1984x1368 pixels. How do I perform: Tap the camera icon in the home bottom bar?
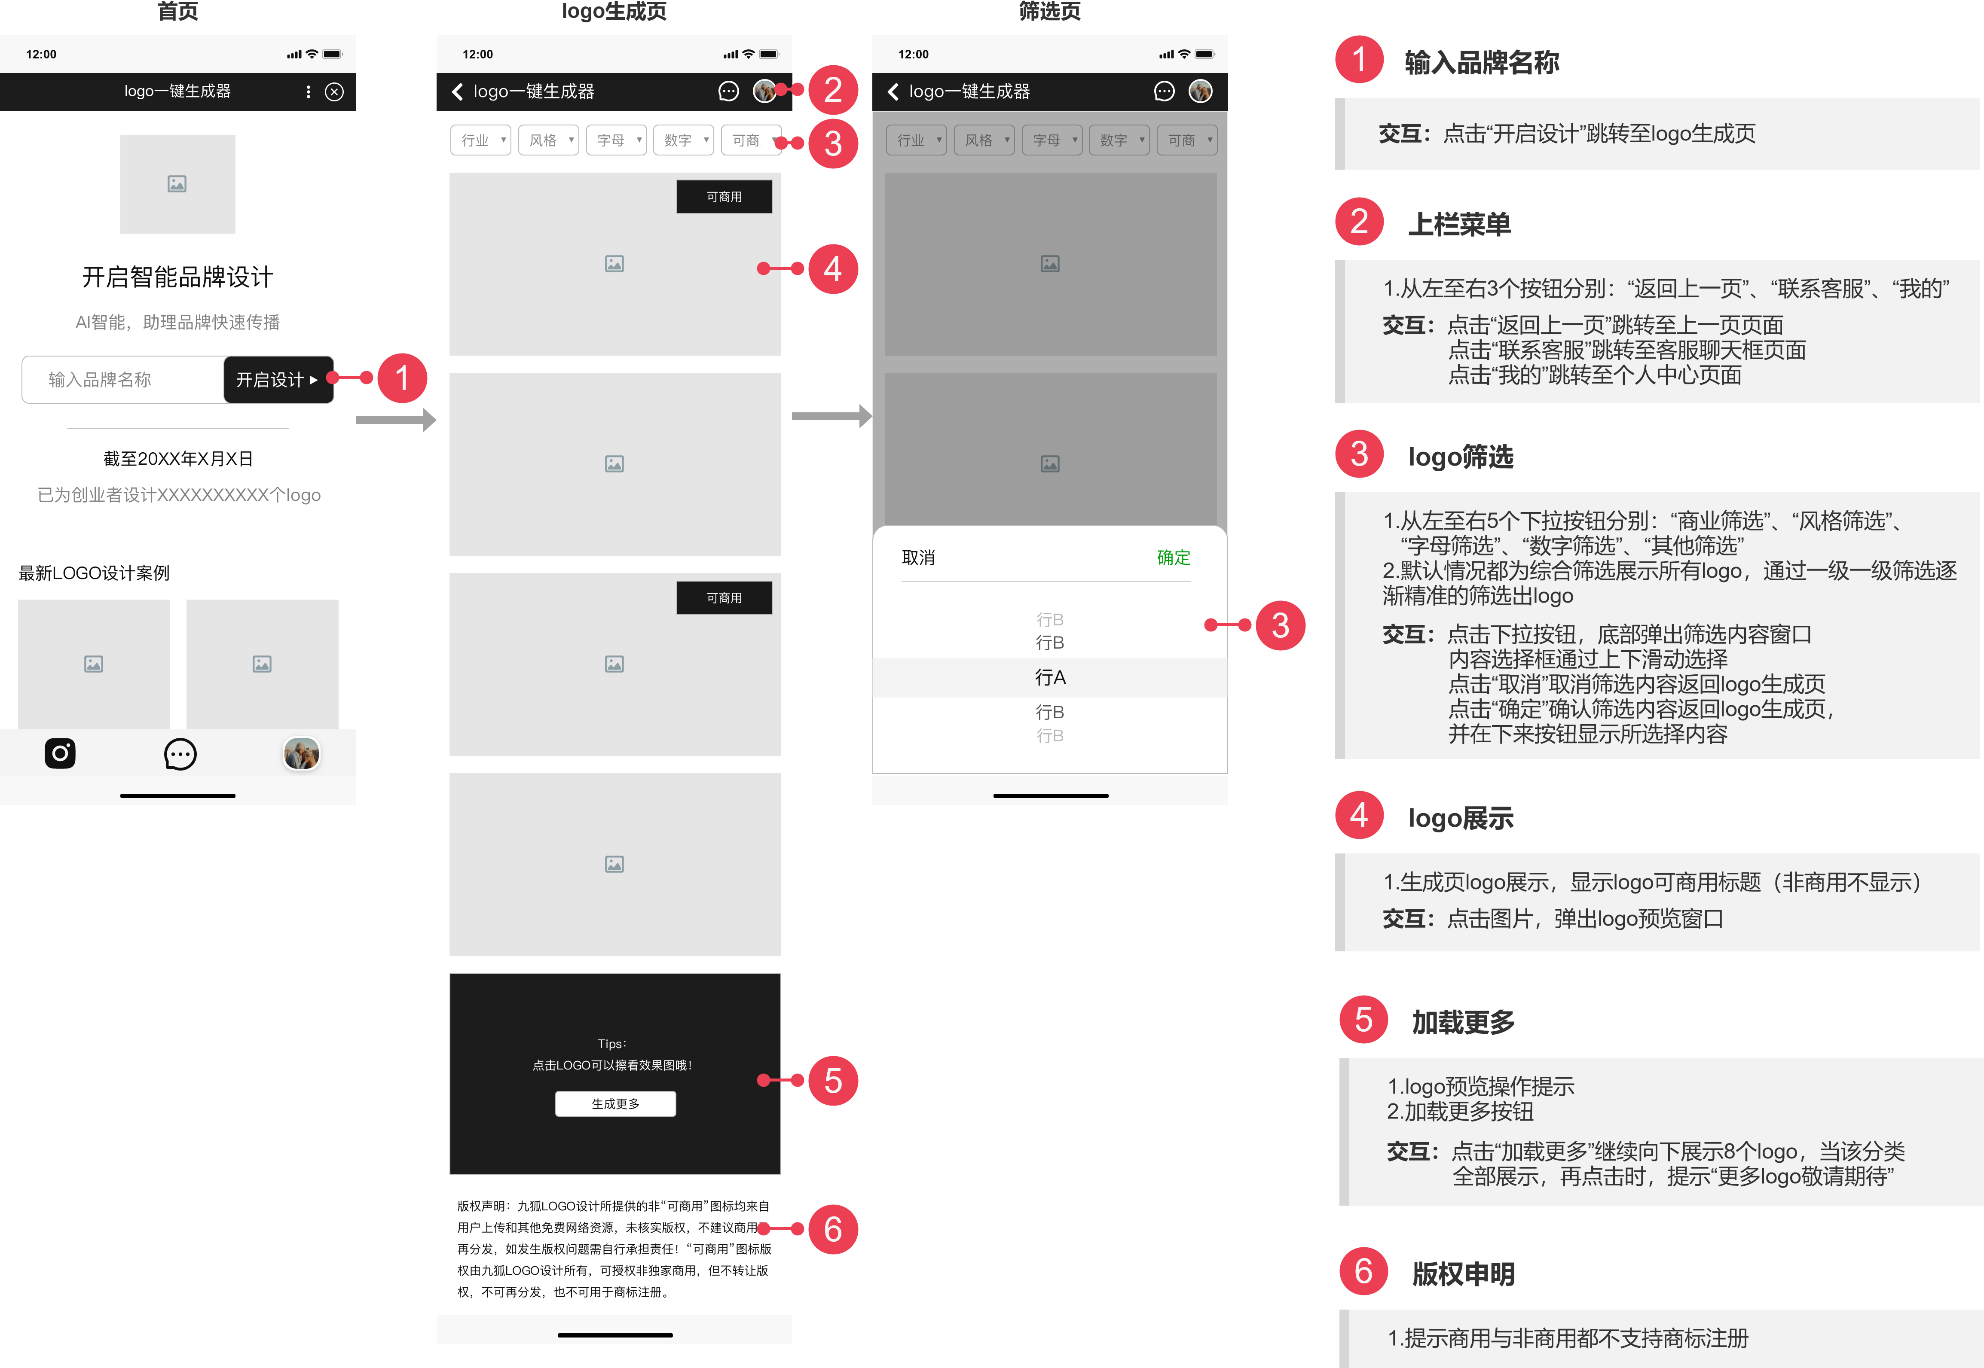point(60,753)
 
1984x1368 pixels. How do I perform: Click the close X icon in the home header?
point(334,92)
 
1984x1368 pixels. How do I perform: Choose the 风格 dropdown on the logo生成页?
point(549,140)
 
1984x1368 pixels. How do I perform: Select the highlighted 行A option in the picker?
point(1049,677)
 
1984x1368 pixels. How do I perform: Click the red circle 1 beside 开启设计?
point(401,378)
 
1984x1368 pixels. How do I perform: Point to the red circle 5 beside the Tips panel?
point(832,1081)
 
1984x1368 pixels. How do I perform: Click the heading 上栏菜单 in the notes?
point(1459,225)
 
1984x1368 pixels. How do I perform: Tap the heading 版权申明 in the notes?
point(1463,1274)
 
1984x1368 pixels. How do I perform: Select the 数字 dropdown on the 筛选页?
point(1119,140)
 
